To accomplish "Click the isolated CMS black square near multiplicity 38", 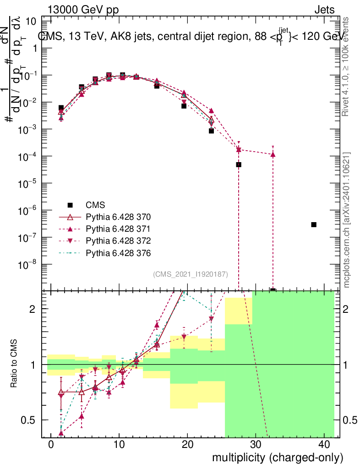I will (x=314, y=224).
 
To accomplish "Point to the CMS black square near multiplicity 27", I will (x=239, y=164).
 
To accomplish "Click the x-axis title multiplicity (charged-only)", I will (x=277, y=457).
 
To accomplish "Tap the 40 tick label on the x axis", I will (x=323, y=445).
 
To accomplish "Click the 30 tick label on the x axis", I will (x=255, y=445).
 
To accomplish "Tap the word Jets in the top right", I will (x=324, y=10).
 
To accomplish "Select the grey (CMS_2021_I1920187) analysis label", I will (x=190, y=274).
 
